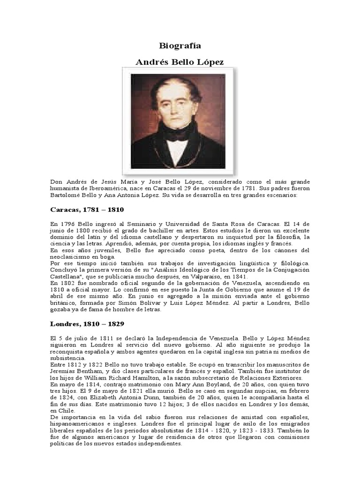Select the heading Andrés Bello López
coord(180,62)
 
